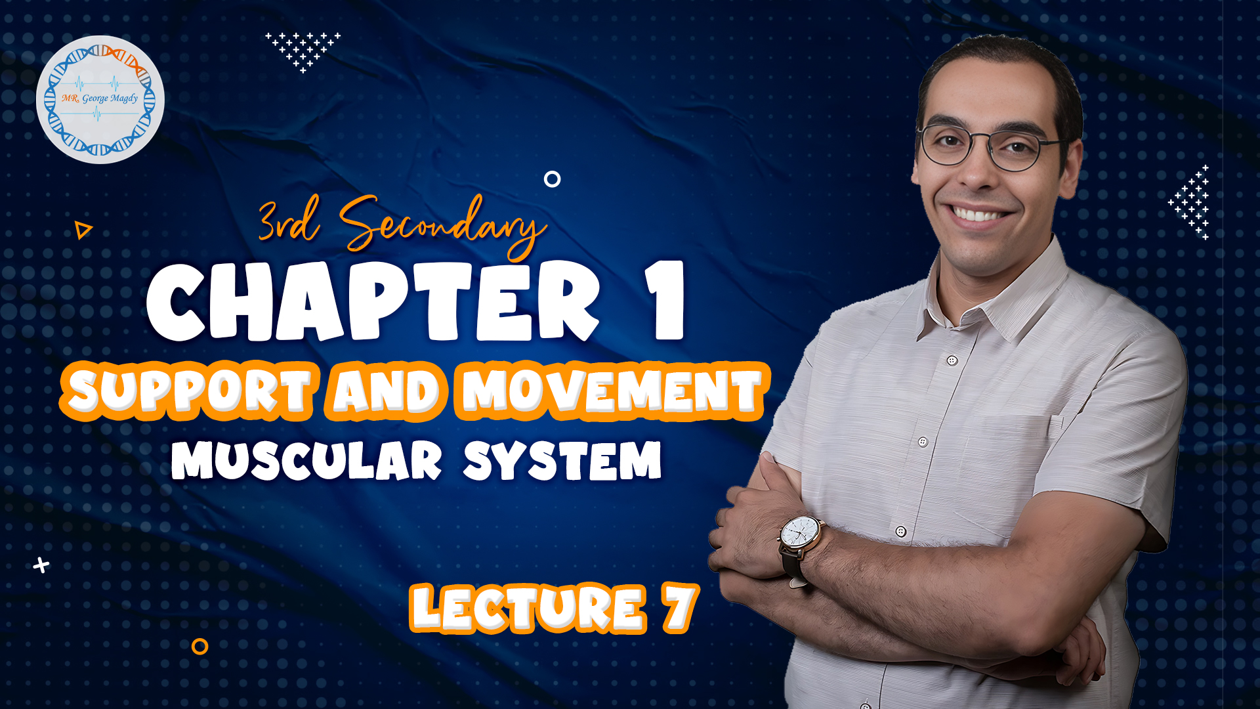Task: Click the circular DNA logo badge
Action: [100, 99]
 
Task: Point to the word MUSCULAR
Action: [306, 460]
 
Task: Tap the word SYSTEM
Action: [562, 460]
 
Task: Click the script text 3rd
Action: [289, 220]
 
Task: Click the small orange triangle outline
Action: [83, 230]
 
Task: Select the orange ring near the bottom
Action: [200, 647]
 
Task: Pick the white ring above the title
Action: [553, 179]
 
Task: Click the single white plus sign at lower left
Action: [41, 565]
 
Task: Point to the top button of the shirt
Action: [952, 360]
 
